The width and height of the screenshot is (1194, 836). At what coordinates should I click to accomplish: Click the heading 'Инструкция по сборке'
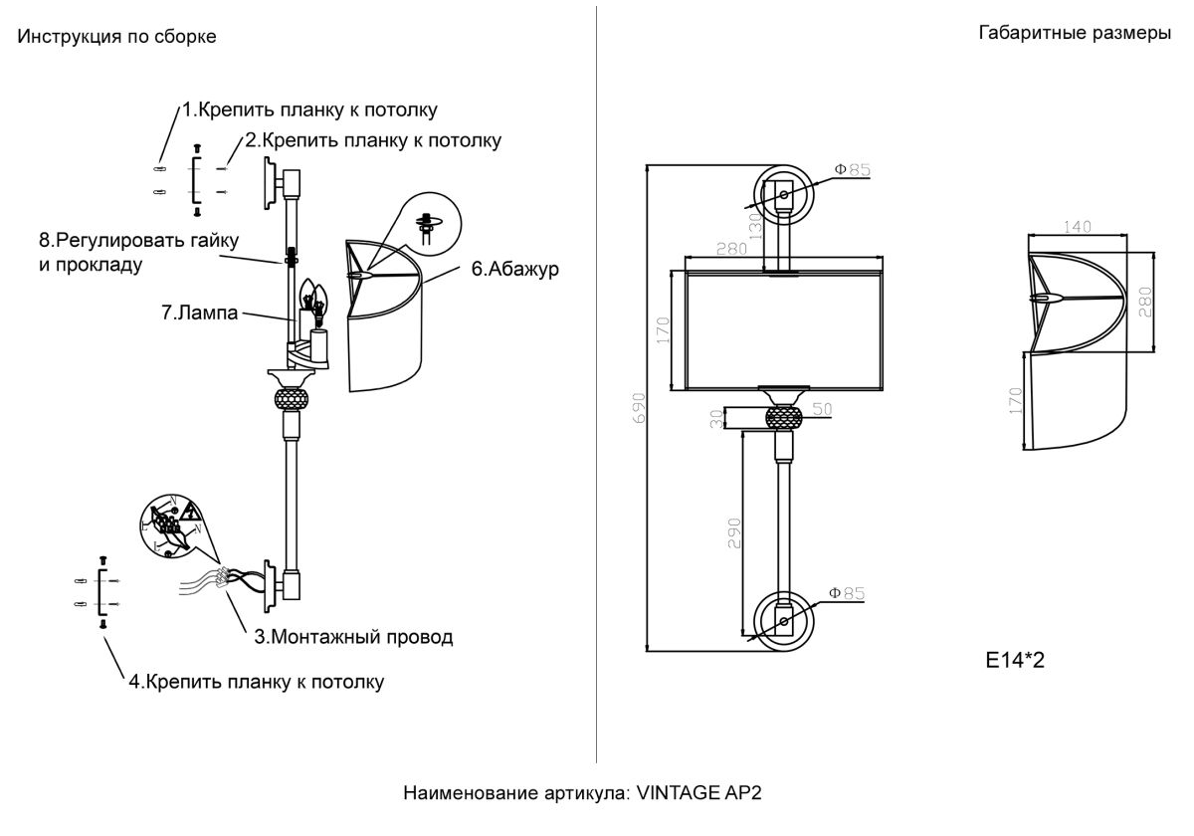click(x=116, y=37)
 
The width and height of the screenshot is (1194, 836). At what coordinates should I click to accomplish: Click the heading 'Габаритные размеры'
click(x=1075, y=34)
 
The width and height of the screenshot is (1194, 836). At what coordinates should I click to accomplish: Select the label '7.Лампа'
click(x=200, y=313)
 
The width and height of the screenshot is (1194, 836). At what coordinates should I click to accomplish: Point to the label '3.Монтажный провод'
click(x=353, y=637)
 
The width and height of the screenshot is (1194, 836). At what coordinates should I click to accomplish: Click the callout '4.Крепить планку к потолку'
click(x=256, y=682)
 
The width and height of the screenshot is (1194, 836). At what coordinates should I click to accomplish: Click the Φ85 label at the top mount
click(x=852, y=170)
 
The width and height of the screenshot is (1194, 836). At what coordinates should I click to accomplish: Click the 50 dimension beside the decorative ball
click(x=821, y=408)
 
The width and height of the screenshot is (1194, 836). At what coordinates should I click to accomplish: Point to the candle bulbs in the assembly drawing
click(x=312, y=297)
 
